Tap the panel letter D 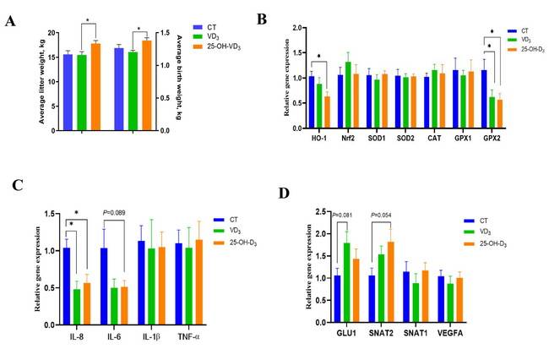coord(285,194)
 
